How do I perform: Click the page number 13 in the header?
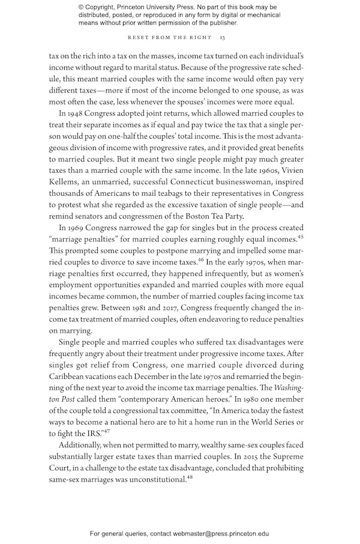point(222,38)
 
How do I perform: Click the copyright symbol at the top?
point(81,7)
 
